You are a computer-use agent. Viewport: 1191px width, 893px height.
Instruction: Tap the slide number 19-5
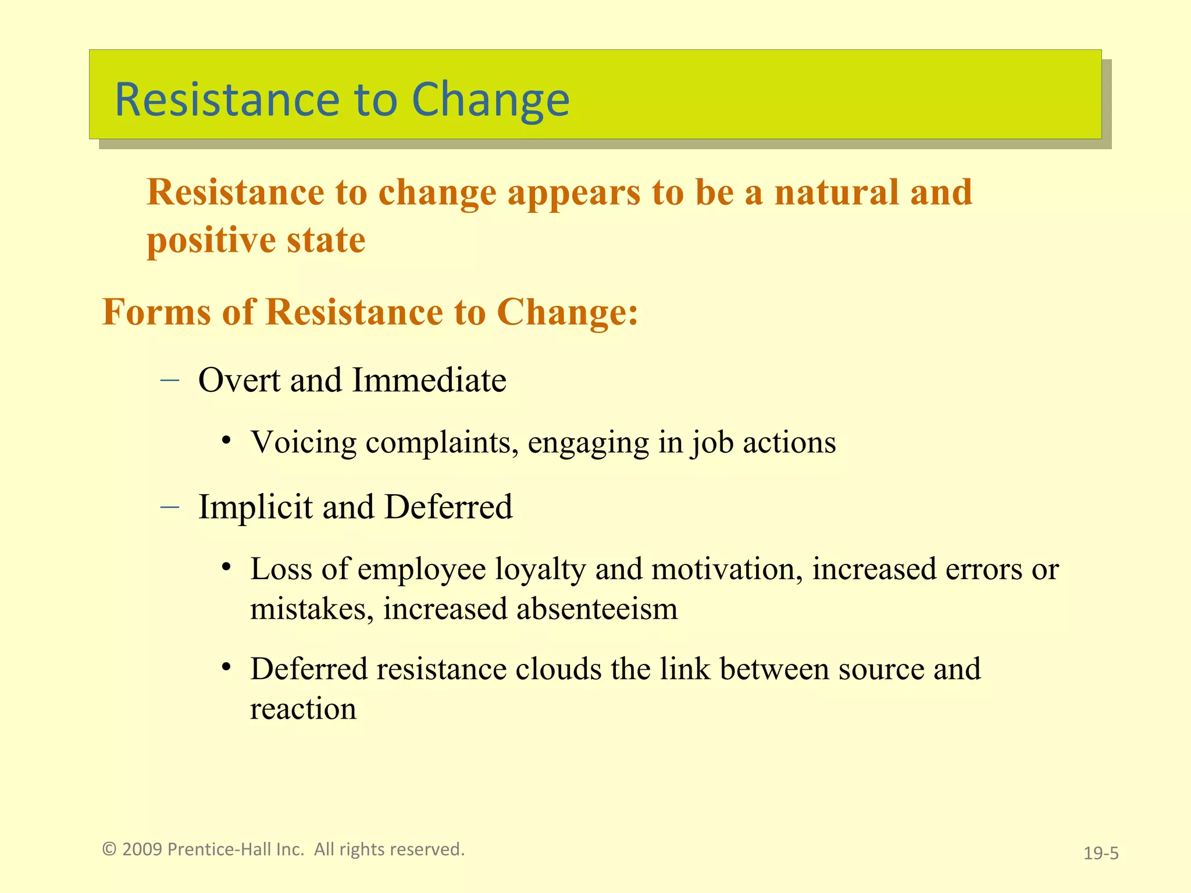[x=1101, y=853]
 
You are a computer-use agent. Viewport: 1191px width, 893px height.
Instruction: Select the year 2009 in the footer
[x=142, y=849]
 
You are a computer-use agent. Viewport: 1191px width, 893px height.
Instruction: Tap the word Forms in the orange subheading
[x=156, y=312]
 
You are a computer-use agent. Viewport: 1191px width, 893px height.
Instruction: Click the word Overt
[x=239, y=380]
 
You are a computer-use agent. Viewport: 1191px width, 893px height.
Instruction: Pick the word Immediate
[x=429, y=380]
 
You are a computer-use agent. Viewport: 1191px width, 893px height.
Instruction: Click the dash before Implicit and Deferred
[x=169, y=507]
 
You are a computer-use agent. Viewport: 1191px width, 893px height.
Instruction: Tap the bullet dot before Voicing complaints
[x=227, y=440]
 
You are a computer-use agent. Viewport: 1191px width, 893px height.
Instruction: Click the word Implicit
[x=255, y=507]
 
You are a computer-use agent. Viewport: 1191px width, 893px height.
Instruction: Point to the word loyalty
[x=540, y=569]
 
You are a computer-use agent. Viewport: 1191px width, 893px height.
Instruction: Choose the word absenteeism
[x=597, y=609]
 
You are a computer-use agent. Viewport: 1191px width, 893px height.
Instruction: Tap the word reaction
[x=303, y=709]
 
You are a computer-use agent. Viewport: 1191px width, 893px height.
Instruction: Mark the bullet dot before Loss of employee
[x=227, y=567]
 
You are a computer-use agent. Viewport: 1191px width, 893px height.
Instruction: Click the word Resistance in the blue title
[x=227, y=100]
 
